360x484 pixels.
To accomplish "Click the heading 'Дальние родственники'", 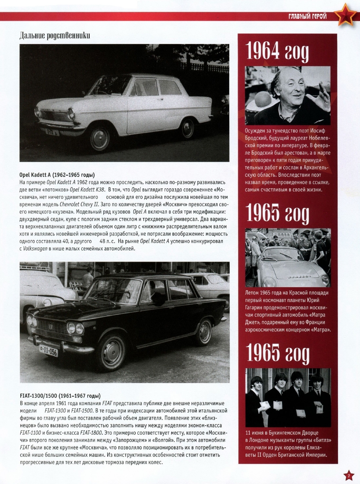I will pos(55,36).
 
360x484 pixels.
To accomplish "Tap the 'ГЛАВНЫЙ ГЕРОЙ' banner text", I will pos(307,17).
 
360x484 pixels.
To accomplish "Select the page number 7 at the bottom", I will pos(349,476).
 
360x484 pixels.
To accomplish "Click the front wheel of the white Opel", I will pos(99,138).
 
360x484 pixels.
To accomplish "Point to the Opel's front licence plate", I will pos(52,131).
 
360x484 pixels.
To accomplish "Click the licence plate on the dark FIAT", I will pos(48,351).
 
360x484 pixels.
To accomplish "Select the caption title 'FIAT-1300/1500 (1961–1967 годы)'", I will pos(60,396).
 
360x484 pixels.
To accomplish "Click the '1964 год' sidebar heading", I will pos(277,52).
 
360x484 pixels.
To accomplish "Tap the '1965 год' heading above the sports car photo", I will pos(277,214).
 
